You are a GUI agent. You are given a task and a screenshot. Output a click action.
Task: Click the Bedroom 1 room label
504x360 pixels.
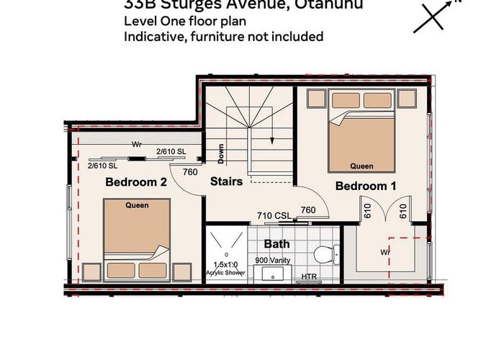coord(366,186)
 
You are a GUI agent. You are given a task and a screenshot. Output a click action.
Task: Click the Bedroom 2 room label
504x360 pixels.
coord(136,182)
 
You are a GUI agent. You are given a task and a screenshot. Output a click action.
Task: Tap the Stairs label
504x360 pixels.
coord(226,182)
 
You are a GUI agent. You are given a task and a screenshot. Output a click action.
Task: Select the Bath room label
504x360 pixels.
coord(276,244)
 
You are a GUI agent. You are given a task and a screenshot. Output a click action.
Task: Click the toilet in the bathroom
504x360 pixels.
coord(325,254)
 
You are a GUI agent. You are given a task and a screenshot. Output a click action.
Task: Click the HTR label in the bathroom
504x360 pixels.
coord(309,276)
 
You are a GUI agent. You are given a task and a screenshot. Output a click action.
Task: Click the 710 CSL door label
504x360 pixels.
coord(275,215)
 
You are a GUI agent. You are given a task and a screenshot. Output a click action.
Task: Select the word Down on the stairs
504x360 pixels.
coord(221,153)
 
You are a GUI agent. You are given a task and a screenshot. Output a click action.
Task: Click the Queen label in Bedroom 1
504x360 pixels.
coord(361,166)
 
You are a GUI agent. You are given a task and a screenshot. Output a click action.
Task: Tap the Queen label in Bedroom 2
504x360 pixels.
coord(137,205)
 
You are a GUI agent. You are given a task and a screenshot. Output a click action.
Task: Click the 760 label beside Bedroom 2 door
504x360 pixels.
coord(190,172)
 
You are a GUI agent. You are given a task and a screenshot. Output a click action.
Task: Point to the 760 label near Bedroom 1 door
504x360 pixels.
coord(307,210)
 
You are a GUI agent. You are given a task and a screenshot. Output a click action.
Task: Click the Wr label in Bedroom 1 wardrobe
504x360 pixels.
coord(386,252)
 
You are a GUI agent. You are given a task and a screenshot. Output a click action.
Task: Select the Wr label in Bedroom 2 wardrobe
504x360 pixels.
coord(136,144)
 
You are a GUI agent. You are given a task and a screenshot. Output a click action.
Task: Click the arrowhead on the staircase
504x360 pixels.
coord(272,140)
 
